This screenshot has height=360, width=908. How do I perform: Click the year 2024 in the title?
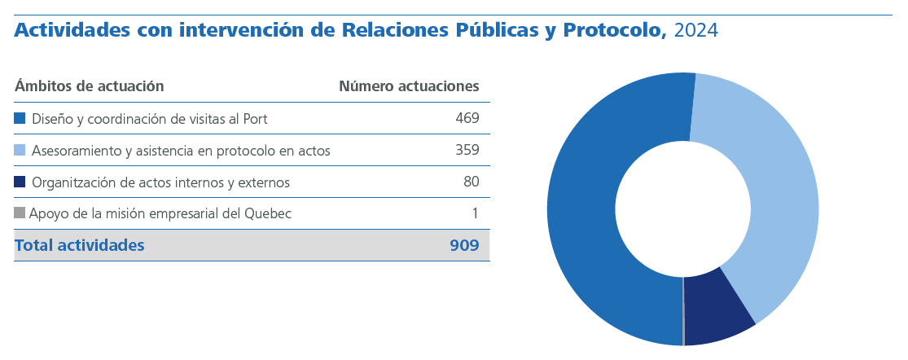[696, 31]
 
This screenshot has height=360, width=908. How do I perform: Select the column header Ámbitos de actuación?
[90, 86]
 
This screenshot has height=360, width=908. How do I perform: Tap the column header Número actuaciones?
[409, 86]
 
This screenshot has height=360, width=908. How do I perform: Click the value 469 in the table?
[467, 118]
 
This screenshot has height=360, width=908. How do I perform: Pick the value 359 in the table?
[467, 150]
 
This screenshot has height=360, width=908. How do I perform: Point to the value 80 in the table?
[471, 182]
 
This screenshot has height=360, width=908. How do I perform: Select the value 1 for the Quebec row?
[475, 213]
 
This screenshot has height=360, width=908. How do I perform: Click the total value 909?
[464, 245]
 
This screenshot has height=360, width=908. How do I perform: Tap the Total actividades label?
[80, 245]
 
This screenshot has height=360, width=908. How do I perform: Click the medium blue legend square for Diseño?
[20, 118]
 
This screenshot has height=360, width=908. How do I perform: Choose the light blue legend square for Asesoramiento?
[20, 150]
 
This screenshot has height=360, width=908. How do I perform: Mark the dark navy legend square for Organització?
[20, 182]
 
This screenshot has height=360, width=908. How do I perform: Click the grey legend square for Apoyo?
[20, 213]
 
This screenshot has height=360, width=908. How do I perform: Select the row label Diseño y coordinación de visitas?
[150, 118]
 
